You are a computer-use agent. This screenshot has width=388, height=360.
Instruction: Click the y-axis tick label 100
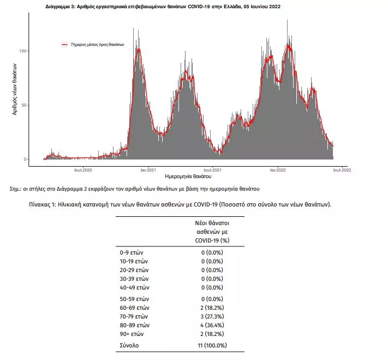click(x=22, y=51)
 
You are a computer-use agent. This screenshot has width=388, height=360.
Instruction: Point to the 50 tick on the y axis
click(x=24, y=105)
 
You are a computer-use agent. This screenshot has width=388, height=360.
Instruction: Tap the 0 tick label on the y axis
click(x=25, y=159)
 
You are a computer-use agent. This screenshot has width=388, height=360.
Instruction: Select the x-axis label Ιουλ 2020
click(x=83, y=170)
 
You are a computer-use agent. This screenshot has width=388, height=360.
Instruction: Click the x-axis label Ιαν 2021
click(x=148, y=170)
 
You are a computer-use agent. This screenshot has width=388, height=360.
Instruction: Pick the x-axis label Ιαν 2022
click(x=278, y=170)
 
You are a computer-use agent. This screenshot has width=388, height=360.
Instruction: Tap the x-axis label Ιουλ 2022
click(x=342, y=170)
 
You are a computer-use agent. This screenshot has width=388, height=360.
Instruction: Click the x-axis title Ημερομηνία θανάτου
click(x=188, y=176)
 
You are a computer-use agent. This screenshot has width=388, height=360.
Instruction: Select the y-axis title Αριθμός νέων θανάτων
click(x=15, y=89)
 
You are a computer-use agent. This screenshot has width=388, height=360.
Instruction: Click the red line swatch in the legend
click(x=64, y=45)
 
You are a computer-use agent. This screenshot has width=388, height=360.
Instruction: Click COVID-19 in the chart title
click(x=199, y=7)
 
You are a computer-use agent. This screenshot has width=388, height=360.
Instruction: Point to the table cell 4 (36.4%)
click(x=212, y=325)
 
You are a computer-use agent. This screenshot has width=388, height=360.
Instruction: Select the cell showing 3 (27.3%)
click(x=212, y=316)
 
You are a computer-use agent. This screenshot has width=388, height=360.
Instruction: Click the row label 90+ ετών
click(x=132, y=334)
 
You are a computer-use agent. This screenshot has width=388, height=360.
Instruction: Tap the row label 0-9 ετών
click(x=132, y=252)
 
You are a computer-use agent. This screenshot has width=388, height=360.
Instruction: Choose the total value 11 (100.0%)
click(x=212, y=345)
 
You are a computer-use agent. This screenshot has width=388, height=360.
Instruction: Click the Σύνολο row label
click(x=129, y=345)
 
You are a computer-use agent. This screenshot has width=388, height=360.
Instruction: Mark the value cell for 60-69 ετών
click(x=212, y=308)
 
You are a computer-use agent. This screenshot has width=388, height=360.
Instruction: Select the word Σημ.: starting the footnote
click(x=15, y=189)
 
